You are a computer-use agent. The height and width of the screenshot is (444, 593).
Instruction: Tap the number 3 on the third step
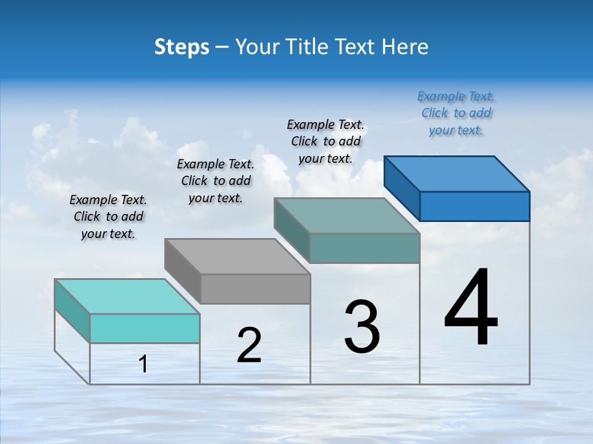point(362,327)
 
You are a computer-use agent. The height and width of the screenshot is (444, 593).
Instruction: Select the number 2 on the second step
point(249,345)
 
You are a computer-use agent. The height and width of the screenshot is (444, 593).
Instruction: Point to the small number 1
point(143,364)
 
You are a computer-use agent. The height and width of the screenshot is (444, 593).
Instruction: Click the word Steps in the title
point(182,47)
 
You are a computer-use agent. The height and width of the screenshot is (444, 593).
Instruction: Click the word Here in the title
point(405,47)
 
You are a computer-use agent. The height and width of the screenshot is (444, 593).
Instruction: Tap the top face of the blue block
point(457,173)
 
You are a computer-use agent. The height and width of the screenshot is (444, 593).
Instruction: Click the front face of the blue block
point(474,206)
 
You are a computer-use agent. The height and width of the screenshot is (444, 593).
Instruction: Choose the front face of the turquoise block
point(145,328)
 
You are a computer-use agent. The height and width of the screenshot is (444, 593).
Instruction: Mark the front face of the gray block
point(255,289)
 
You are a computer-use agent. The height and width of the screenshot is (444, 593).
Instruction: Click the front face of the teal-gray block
point(364,248)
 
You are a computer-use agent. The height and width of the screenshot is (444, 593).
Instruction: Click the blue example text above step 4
point(456,113)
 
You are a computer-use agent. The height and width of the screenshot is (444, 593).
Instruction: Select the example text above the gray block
point(216,181)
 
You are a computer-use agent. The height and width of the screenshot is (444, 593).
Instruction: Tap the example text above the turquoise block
point(108,216)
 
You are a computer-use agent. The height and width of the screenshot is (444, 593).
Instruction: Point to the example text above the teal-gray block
point(326,141)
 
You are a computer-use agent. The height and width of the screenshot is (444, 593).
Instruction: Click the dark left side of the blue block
point(402,188)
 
